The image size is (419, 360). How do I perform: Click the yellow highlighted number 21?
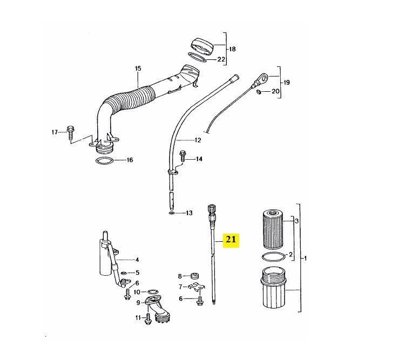click(231, 240)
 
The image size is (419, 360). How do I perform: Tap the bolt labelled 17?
click(71, 133)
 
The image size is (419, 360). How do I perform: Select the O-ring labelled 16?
click(104, 161)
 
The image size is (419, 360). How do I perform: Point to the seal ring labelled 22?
click(198, 57)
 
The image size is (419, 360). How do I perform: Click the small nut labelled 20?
click(259, 92)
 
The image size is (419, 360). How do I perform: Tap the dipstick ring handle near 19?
click(262, 78)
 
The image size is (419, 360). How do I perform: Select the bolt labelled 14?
click(183, 156)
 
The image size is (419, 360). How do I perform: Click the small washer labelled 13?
click(171, 213)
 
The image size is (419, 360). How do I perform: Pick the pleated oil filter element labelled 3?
click(273, 229)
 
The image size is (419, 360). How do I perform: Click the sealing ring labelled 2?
click(273, 257)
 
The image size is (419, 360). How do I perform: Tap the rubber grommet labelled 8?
click(194, 276)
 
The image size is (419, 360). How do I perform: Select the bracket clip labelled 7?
click(196, 288)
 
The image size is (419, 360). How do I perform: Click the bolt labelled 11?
click(147, 320)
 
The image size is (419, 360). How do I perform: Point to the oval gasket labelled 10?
click(152, 291)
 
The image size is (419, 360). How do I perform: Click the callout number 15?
click(138, 69)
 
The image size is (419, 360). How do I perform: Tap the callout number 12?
click(198, 140)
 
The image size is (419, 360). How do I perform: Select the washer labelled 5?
click(124, 273)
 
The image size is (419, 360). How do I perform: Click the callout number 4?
click(137, 260)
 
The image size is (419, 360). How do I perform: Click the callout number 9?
click(138, 303)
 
